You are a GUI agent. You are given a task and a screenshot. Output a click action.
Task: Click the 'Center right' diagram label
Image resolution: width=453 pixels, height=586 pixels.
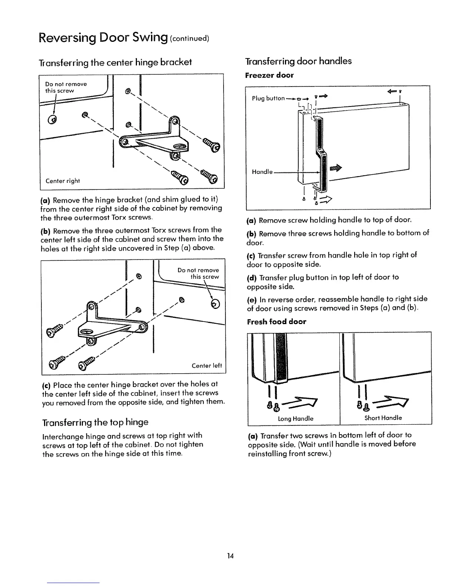click(63, 181)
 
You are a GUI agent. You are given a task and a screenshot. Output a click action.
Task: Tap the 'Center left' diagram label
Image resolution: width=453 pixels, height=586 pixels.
click(207, 366)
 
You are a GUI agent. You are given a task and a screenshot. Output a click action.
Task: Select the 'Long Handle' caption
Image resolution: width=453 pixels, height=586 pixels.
click(295, 418)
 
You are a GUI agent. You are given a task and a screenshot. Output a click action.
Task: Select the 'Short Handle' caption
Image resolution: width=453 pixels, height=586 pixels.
click(383, 418)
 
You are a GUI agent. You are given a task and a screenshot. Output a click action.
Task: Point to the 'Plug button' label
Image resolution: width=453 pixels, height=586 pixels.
click(268, 98)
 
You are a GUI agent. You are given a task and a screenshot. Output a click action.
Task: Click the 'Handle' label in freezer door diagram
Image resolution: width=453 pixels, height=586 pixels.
click(262, 172)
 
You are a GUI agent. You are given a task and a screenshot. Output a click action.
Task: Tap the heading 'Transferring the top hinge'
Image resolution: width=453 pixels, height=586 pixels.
click(95, 422)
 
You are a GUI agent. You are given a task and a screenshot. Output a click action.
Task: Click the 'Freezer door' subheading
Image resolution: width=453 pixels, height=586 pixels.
click(269, 75)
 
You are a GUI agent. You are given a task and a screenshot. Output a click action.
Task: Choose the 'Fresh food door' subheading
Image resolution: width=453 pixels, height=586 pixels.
click(276, 321)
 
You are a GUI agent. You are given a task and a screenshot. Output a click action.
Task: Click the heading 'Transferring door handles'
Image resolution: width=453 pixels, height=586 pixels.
click(298, 61)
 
